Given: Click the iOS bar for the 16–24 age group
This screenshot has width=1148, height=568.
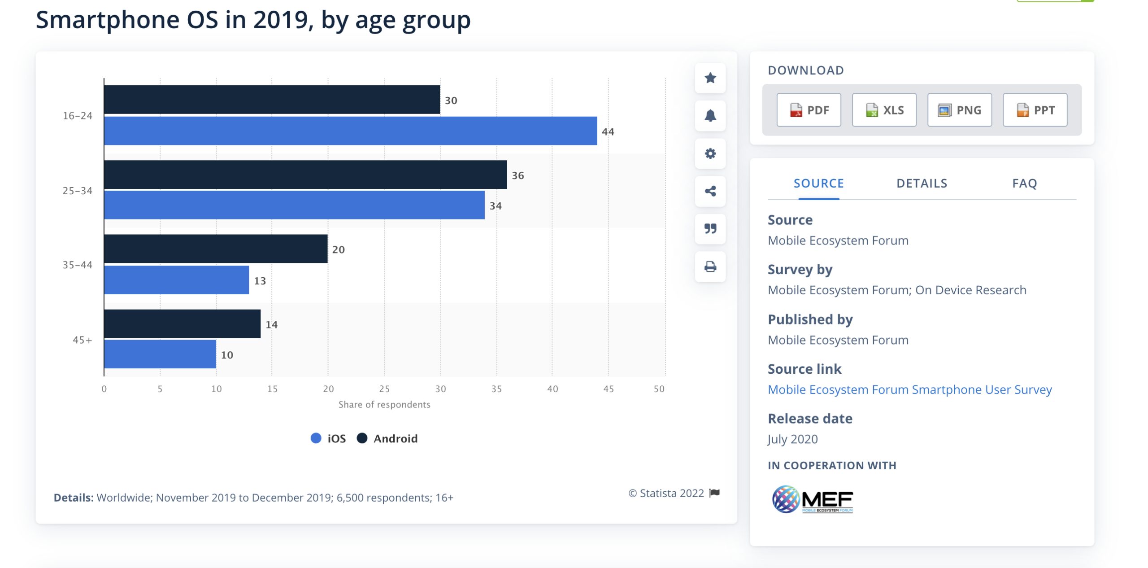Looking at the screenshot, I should pos(350,131).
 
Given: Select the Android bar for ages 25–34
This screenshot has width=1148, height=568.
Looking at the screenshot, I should pos(305,175).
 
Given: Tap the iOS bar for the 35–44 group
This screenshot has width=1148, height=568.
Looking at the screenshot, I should pos(176,280).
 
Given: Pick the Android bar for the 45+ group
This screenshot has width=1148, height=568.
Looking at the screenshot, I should pos(182,323).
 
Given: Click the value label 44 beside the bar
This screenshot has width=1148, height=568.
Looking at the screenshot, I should pos(608,132).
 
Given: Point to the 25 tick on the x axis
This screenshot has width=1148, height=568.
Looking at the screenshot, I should pos(384,389).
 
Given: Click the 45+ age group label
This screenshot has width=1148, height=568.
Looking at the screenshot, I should pos(82,340).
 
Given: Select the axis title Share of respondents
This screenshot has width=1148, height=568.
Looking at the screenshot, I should pos(384,405).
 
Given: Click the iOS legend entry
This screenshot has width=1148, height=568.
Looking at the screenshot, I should pos(329,438).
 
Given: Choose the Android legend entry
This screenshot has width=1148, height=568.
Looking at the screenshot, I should pos(387,438).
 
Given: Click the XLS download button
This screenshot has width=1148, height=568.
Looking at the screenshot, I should pos(884,110).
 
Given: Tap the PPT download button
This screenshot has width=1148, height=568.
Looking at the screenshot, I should pos(1035,110).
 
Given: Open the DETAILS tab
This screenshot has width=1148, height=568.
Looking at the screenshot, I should pos(922,184).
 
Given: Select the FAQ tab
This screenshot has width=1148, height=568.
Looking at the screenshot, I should pos(1024,184).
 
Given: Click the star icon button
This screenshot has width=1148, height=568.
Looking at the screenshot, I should pos(710,78).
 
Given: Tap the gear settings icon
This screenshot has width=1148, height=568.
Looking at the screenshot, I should pos(710,153).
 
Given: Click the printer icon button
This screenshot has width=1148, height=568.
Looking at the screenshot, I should pos(710,267).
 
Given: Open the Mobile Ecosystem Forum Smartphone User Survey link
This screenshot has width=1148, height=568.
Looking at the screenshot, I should pos(909,389).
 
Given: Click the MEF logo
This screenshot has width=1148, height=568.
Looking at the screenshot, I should pos(812,499).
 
